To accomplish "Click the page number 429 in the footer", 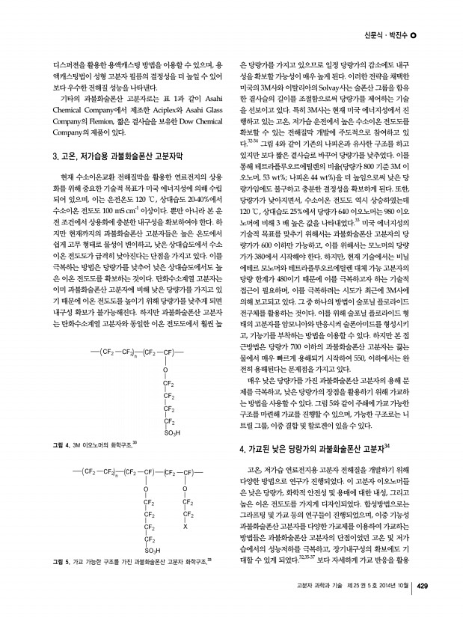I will [x=421, y=607].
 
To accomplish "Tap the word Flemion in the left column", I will [x=91, y=124].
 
